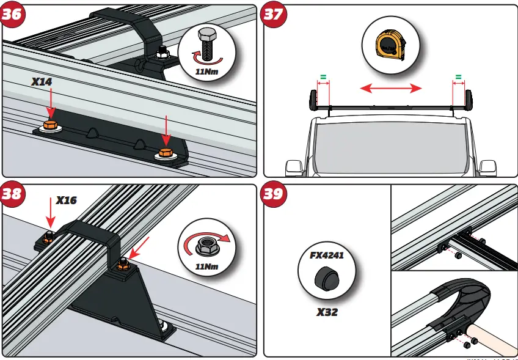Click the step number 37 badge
pos(272,15)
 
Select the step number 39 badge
pos(272,194)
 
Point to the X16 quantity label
pos(68,199)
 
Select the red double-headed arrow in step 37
pos(391,89)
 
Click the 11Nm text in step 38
pos(207,266)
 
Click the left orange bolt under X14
pos(50,127)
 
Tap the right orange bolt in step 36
pos(164,153)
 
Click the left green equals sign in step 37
pos(322,78)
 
